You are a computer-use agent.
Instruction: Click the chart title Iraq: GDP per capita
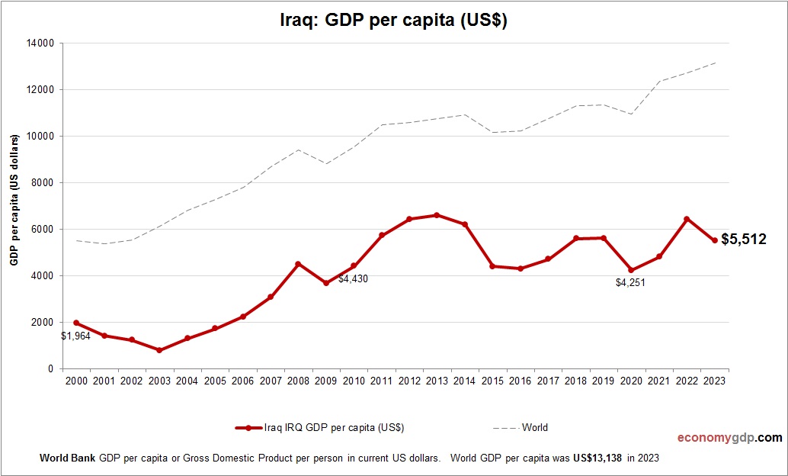pyautogui.click(x=393, y=21)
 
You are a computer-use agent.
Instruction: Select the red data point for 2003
pyautogui.click(x=159, y=350)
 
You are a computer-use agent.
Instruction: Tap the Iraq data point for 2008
pyautogui.click(x=298, y=264)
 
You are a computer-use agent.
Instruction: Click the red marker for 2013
pyautogui.click(x=437, y=215)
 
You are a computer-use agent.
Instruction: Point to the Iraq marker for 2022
pyautogui.click(x=687, y=219)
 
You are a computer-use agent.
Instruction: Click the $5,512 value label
pyautogui.click(x=744, y=240)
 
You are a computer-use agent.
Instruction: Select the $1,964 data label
pyautogui.click(x=76, y=336)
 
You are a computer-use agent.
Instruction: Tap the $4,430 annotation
pyautogui.click(x=353, y=279)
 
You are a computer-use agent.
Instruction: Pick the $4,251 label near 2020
pyautogui.click(x=630, y=283)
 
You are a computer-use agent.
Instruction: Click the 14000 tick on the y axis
pyautogui.click(x=40, y=43)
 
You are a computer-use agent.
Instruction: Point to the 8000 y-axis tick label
pyautogui.click(x=42, y=183)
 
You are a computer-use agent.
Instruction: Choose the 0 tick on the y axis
pyautogui.click(x=50, y=369)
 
